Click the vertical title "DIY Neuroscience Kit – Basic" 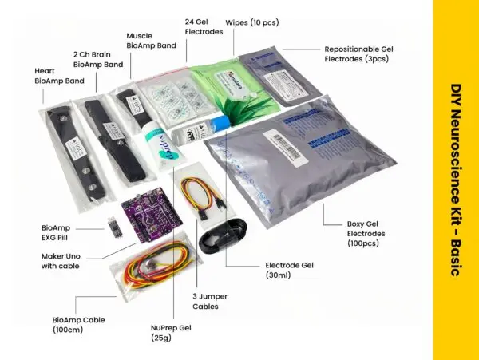[456, 180]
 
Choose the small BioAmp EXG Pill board [114, 229]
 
